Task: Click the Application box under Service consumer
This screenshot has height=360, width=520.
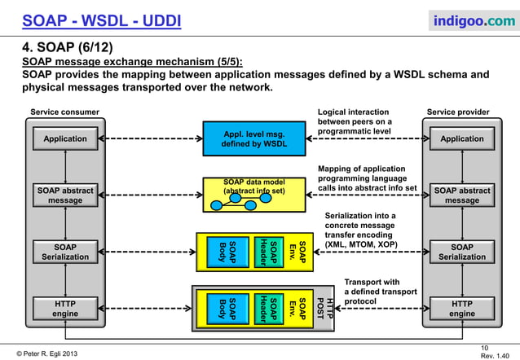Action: click(x=65, y=139)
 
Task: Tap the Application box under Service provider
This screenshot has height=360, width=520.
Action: click(x=461, y=139)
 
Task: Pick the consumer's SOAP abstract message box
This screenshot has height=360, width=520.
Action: click(x=65, y=195)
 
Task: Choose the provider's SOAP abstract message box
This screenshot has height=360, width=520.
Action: click(x=461, y=195)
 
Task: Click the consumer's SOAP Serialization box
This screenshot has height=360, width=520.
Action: click(x=65, y=252)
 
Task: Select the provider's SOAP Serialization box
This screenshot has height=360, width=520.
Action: click(x=461, y=252)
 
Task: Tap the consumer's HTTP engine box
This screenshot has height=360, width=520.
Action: click(x=65, y=308)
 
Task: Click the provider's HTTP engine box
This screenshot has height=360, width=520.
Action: click(x=461, y=308)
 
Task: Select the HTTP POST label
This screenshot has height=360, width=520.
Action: click(x=324, y=308)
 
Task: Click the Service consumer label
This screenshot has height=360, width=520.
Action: click(x=65, y=112)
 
